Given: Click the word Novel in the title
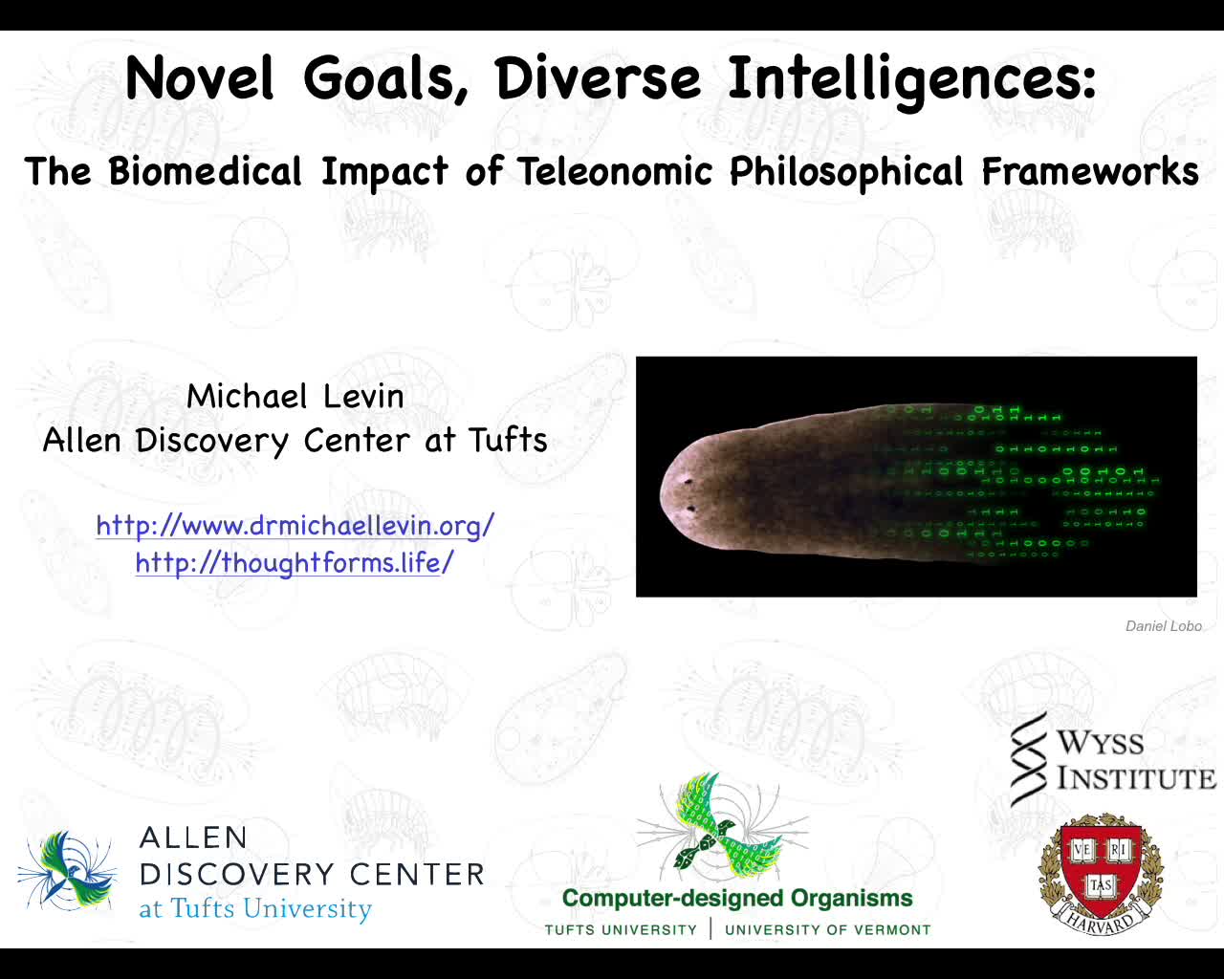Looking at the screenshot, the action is click(x=200, y=78).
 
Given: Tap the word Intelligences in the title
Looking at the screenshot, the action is click(x=911, y=79).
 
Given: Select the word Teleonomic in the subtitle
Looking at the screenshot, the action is click(x=615, y=172).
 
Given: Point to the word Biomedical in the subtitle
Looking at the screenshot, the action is click(x=205, y=172).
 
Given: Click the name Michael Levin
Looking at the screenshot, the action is click(x=295, y=396).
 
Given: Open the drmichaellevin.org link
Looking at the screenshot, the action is click(x=295, y=525).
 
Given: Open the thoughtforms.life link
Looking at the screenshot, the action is click(x=295, y=562).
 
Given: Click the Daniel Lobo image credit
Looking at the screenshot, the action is click(x=1163, y=626).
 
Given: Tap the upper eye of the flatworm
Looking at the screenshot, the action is click(x=688, y=483).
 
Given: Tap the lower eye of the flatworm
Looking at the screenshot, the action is click(x=691, y=510).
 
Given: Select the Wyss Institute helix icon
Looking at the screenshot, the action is click(x=1028, y=759).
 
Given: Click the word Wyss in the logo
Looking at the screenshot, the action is click(x=1100, y=743).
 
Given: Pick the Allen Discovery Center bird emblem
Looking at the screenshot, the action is click(x=68, y=870).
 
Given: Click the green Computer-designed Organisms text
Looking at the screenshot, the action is click(x=737, y=899).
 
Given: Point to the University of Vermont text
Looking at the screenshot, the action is click(x=827, y=930).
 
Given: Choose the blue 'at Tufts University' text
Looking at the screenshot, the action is click(x=255, y=908).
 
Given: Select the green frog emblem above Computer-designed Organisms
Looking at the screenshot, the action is click(x=722, y=828).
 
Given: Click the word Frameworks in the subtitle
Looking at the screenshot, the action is click(x=1090, y=172).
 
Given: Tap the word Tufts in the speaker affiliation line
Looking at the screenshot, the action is click(x=508, y=440).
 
